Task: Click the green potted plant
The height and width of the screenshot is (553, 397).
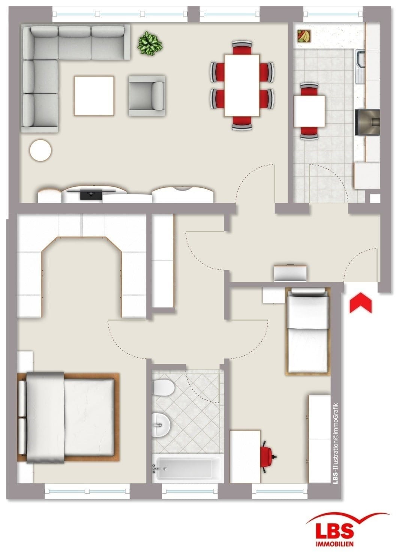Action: pyautogui.click(x=149, y=43)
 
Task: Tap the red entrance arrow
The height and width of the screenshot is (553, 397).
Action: pyautogui.click(x=360, y=303)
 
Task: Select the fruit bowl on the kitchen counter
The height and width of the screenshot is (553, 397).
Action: pyautogui.click(x=304, y=37)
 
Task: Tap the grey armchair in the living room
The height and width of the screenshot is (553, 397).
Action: pyautogui.click(x=146, y=96)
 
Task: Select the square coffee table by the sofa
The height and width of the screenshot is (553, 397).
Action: pyautogui.click(x=94, y=96)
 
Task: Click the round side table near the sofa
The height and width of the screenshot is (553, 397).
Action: pyautogui.click(x=40, y=151)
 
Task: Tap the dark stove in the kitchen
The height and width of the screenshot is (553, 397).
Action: pyautogui.click(x=367, y=122)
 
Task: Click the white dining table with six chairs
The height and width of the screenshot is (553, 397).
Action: pyautogui.click(x=242, y=85)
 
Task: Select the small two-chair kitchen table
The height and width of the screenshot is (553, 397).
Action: pyautogui.click(x=309, y=111)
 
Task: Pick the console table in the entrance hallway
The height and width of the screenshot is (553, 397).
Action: pyautogui.click(x=291, y=273)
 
